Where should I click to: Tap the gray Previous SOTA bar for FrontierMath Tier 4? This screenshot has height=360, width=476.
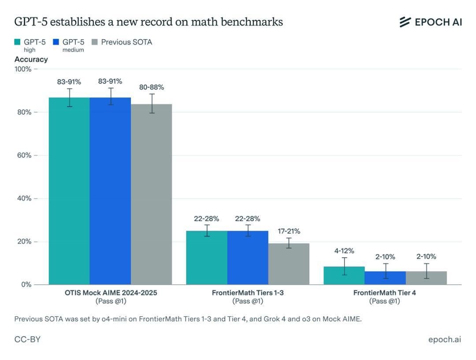click(426, 278)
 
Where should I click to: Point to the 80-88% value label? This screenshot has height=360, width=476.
click(152, 87)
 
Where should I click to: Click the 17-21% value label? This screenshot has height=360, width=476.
click(289, 231)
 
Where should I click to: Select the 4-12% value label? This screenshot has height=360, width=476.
click(344, 251)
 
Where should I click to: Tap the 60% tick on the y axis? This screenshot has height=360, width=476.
click(23, 155)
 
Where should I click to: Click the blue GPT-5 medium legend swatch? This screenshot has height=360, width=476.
click(56, 42)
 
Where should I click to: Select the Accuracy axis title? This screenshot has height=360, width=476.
click(31, 59)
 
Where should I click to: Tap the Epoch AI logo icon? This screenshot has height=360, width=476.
click(405, 22)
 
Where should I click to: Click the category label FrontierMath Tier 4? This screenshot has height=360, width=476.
click(384, 293)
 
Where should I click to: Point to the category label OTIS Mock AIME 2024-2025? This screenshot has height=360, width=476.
click(110, 293)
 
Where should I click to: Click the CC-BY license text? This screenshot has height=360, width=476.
click(27, 340)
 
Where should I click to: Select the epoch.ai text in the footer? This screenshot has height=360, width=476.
click(445, 340)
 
